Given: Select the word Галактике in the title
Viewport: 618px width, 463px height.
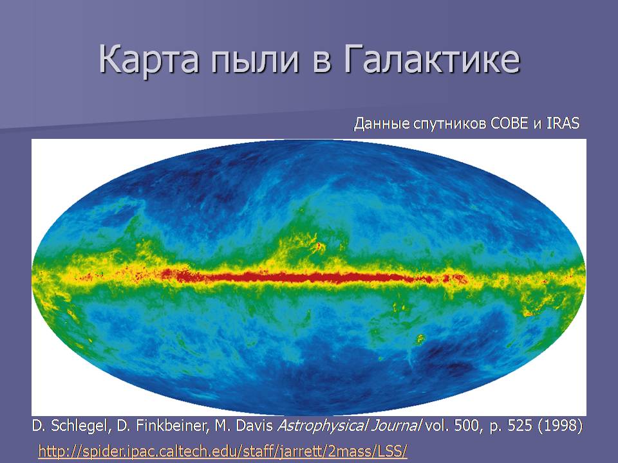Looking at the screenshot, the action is point(432,59).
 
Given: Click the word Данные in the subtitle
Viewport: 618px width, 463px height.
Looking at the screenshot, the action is point(382,123).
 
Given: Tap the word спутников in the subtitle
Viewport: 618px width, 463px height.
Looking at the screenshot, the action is point(450,124).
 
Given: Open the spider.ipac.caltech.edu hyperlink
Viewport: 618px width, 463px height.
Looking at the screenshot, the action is point(222,450).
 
